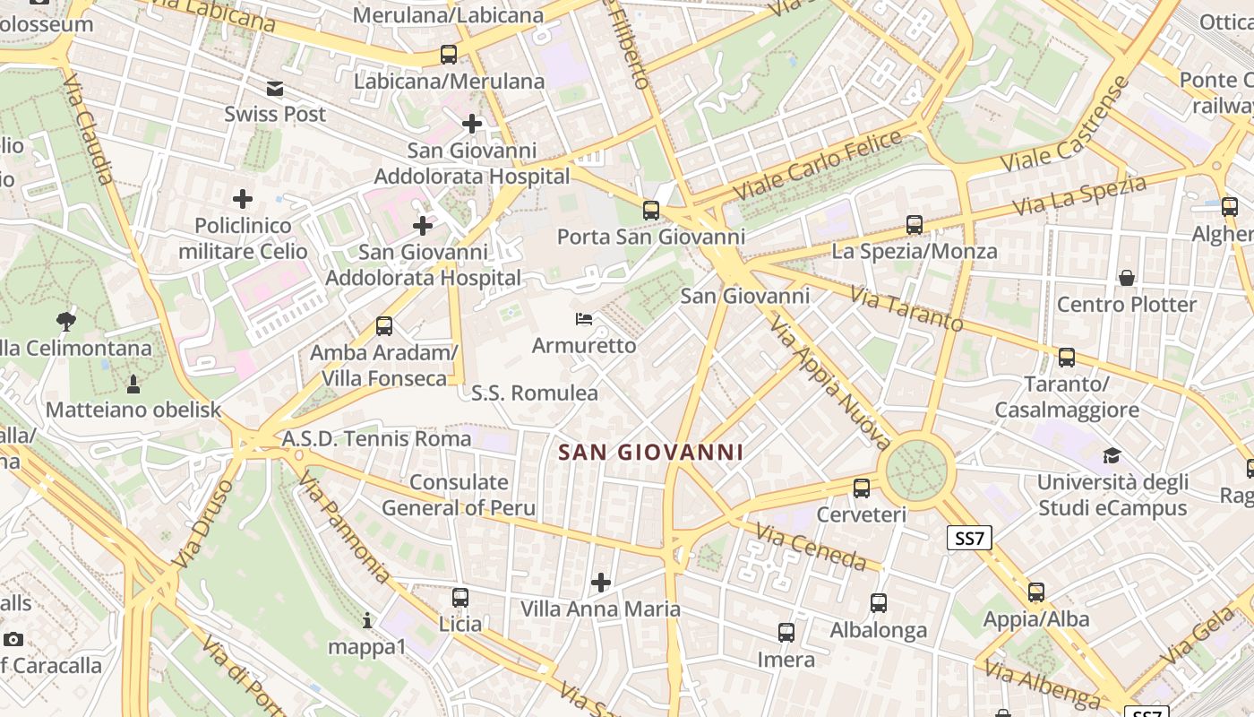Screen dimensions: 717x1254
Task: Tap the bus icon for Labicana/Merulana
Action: coord(449,55)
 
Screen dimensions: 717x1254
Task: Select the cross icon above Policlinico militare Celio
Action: coord(243,199)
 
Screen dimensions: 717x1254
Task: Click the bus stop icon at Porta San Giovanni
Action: coord(651,211)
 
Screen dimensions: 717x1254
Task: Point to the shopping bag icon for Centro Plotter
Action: coord(1127,278)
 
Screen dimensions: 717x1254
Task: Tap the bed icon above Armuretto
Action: coord(584,319)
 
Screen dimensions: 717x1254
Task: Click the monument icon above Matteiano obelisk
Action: coord(134,384)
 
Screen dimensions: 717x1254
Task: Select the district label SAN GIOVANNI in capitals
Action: coord(651,453)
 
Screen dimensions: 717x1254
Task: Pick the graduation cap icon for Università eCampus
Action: coord(1112,455)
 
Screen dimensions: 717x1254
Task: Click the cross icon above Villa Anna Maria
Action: coord(601,583)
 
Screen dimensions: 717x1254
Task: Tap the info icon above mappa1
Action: coord(366,620)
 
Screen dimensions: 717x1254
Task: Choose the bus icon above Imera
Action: coord(786,633)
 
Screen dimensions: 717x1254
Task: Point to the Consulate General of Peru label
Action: coord(459,495)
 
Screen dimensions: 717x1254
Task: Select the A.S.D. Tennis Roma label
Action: coord(376,438)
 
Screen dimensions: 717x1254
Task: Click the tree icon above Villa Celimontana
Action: coord(65,321)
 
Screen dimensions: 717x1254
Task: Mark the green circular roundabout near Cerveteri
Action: coord(916,470)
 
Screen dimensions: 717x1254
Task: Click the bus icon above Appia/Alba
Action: coord(1036,592)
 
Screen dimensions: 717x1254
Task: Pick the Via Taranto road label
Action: coord(906,309)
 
